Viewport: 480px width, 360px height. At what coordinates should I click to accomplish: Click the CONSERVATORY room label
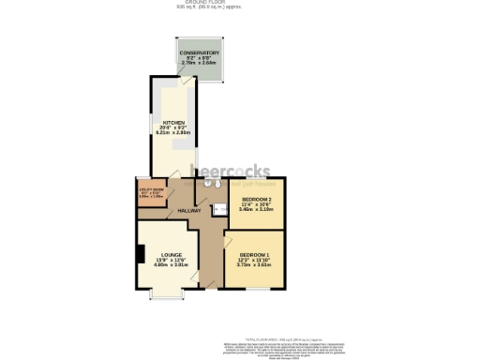coord(200,52)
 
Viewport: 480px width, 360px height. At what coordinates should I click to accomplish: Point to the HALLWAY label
coord(188,210)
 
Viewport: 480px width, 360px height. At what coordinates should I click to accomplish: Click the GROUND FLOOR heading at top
coord(241,3)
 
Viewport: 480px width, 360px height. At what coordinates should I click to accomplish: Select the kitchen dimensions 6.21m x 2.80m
coord(173,133)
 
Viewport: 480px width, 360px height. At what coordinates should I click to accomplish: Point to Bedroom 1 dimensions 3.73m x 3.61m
coord(253,265)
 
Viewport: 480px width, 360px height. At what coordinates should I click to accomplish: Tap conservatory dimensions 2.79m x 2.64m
coord(200,64)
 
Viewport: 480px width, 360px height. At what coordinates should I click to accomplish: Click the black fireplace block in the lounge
coord(140,254)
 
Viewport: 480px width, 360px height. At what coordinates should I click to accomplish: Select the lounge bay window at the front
coord(167,297)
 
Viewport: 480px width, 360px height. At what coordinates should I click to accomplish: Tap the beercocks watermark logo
coord(231,172)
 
